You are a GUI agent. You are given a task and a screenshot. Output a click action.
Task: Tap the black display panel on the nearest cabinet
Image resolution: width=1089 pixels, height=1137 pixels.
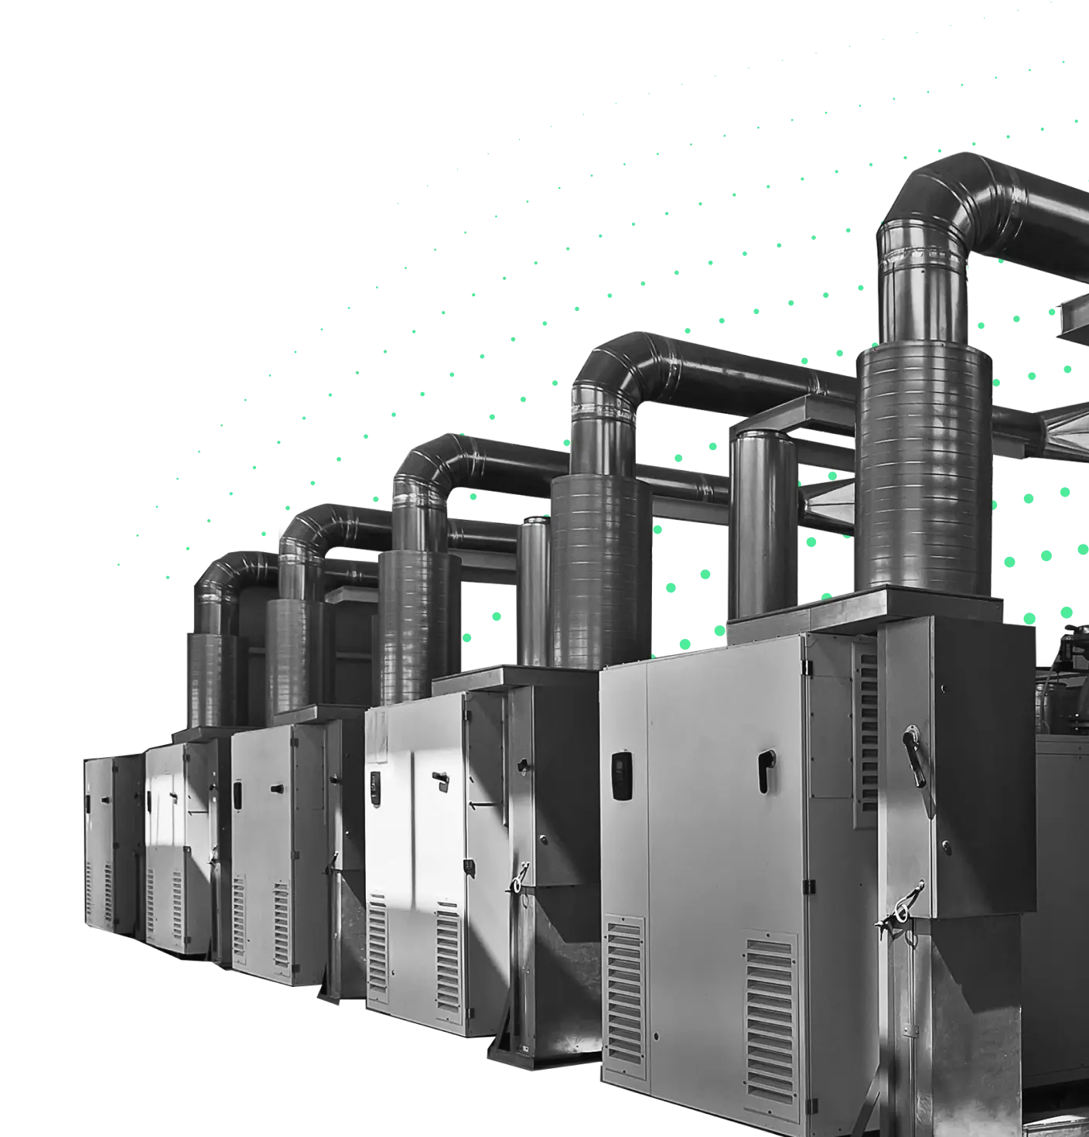(x=620, y=776)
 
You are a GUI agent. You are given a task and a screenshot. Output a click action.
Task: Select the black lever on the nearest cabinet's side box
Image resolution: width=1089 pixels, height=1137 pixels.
(x=915, y=748)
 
